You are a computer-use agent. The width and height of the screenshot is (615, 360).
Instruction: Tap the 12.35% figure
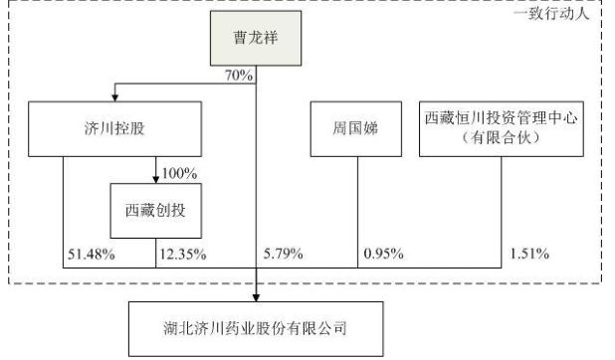[182, 254]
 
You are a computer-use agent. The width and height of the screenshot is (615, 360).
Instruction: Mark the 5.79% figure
[284, 254]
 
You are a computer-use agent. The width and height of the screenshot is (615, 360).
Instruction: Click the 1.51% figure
[528, 254]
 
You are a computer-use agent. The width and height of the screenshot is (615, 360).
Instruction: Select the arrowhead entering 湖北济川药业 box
[258, 296]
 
